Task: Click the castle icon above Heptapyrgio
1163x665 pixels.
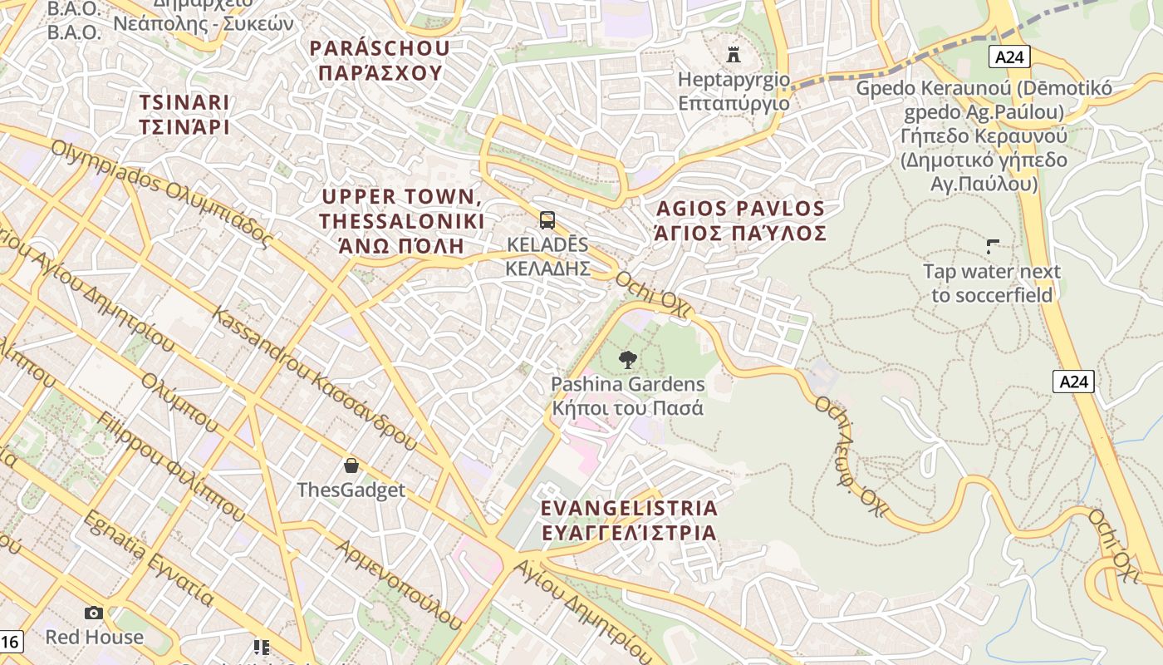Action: click(x=734, y=55)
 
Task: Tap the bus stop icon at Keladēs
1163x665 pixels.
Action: click(x=547, y=220)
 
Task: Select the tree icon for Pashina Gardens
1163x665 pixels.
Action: click(x=628, y=360)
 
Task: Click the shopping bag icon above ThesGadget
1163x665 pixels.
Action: click(x=351, y=465)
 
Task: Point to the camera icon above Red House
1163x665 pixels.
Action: click(x=94, y=613)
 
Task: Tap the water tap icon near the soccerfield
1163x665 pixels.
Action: click(x=992, y=246)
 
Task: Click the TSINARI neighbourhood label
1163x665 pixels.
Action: click(x=184, y=114)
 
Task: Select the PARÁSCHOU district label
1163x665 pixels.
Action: click(x=380, y=61)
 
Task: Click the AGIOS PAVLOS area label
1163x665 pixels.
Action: click(x=740, y=220)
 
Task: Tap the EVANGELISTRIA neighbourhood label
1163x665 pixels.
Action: click(x=629, y=520)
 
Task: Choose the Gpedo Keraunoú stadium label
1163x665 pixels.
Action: click(x=984, y=135)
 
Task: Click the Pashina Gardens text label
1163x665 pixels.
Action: click(x=628, y=396)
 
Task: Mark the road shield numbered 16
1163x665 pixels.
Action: click(x=9, y=642)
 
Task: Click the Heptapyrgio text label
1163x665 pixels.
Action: click(x=734, y=91)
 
